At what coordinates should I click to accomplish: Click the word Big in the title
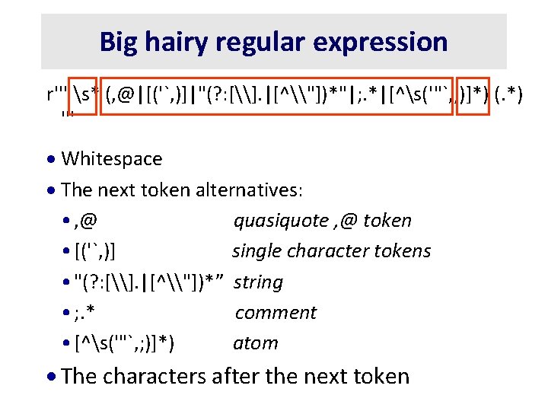[118, 41]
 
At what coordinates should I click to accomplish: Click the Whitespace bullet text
[111, 159]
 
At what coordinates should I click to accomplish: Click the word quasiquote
[280, 221]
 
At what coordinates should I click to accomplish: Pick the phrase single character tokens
[331, 251]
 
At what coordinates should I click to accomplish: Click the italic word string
[258, 282]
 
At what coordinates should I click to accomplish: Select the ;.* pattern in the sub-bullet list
[89, 313]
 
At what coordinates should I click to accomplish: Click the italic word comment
[276, 313]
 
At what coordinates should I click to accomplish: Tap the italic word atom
[256, 343]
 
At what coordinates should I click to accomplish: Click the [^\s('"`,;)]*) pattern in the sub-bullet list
[125, 343]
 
